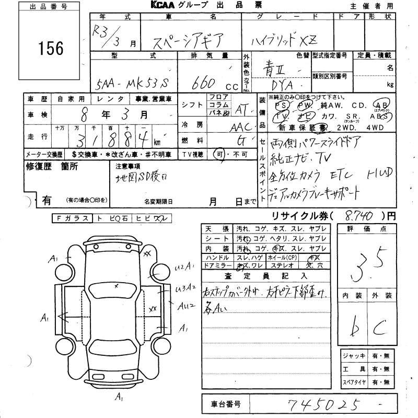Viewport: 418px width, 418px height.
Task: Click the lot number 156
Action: coord(51,49)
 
